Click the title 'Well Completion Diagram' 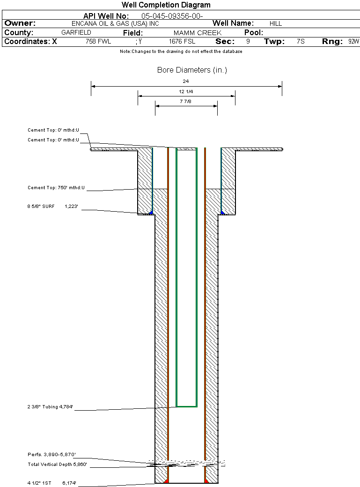coord(166,5)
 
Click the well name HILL coord(276,23)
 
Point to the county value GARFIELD coord(76,33)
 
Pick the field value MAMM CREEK coord(197,33)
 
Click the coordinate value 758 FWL coord(98,42)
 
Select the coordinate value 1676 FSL coord(182,42)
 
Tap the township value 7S coord(301,42)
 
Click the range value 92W coord(353,42)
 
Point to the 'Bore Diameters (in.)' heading coord(192,70)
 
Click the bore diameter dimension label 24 coord(186,81)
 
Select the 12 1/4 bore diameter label coord(186,91)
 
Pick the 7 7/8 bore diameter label coord(186,101)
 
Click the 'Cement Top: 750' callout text coord(56,188)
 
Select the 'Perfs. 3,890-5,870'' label coord(51,455)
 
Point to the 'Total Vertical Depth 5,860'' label coord(57,465)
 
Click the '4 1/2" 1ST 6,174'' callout coord(51,482)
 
